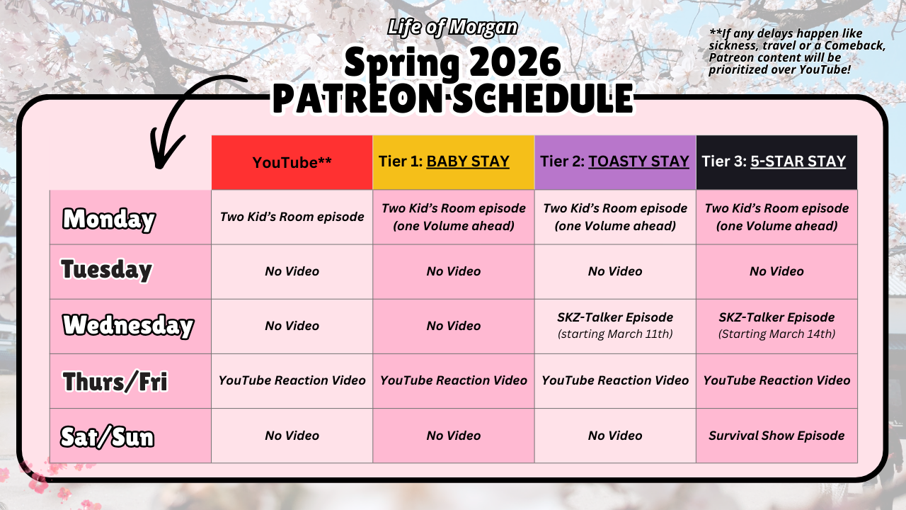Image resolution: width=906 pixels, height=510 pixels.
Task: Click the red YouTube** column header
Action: [292, 162]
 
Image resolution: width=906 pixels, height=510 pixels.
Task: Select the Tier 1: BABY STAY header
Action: [454, 162]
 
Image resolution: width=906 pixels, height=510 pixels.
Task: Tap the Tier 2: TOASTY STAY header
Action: [615, 162]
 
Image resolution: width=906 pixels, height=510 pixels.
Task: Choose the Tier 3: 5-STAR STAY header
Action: [776, 162]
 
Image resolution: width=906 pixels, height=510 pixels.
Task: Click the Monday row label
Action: [109, 220]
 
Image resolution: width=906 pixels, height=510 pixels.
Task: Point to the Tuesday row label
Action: [106, 270]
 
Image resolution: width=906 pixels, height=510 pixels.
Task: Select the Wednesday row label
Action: [128, 326]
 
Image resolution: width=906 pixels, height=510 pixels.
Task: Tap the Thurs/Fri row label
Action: [115, 382]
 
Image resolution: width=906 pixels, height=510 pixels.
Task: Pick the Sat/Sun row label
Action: [107, 437]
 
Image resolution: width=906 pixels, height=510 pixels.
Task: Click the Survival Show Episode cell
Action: [776, 436]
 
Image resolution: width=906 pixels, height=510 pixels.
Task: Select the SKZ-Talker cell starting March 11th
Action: [615, 327]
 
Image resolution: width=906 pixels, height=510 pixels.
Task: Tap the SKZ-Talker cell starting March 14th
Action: [776, 327]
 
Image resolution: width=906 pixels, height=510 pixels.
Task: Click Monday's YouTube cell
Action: [292, 217]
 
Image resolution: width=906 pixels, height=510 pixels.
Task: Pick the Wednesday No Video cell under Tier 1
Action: [454, 327]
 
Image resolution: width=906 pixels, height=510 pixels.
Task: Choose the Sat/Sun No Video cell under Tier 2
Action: [615, 436]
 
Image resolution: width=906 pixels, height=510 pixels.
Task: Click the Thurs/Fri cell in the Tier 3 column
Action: [776, 381]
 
